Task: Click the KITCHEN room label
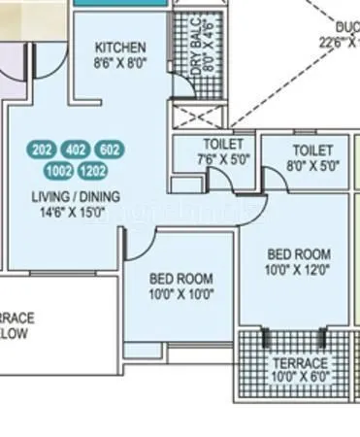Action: coord(121,48)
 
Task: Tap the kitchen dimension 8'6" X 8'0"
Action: coord(121,63)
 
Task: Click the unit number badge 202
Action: coord(43,150)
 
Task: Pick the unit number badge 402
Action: coord(76,150)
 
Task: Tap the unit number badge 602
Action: coord(111,150)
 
